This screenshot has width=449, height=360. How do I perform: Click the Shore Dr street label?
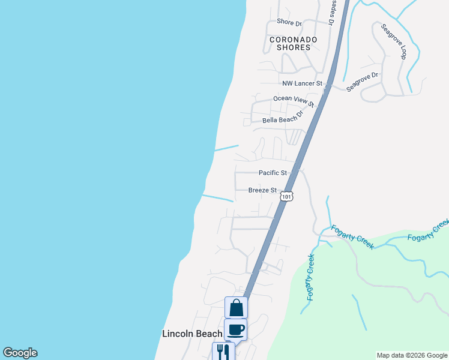289,22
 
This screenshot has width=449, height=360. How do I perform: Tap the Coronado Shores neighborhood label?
294,43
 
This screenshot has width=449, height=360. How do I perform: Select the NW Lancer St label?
303,83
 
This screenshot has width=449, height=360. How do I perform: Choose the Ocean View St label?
294,101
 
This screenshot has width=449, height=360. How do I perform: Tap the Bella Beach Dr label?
283,119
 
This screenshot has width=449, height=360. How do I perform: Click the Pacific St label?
273,173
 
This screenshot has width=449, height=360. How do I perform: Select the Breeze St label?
262,190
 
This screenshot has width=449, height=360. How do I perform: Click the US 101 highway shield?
287,196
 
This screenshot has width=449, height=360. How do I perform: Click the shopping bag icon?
236,308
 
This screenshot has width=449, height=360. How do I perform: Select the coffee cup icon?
235,329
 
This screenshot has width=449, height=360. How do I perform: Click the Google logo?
20,353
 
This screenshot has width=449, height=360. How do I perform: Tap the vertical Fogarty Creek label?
310,277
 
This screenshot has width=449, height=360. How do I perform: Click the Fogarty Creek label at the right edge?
427,231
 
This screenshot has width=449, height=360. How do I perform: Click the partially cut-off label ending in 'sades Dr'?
331,12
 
